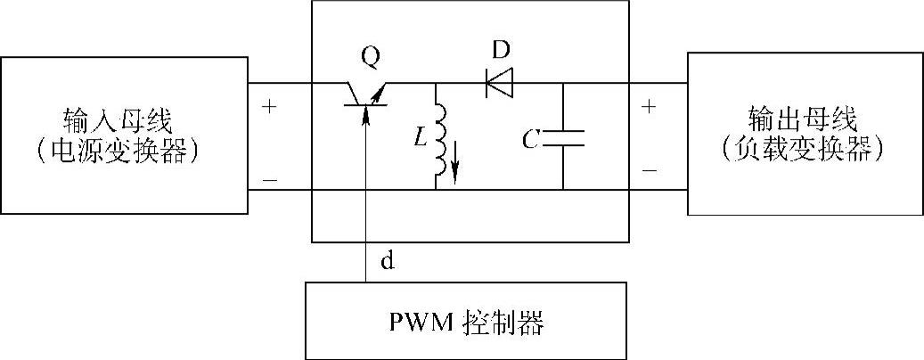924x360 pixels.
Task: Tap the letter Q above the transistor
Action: click(x=370, y=58)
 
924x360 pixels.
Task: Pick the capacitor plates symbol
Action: click(x=563, y=137)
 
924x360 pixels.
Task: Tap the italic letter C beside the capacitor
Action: click(x=529, y=138)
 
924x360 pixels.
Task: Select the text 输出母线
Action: click(x=805, y=119)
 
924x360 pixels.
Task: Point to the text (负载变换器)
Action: click(x=805, y=151)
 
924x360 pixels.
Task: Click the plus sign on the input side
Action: click(x=269, y=106)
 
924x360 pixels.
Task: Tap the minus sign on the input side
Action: click(x=269, y=180)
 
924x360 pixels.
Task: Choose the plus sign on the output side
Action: click(x=649, y=106)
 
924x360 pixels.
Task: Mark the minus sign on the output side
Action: click(x=649, y=169)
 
